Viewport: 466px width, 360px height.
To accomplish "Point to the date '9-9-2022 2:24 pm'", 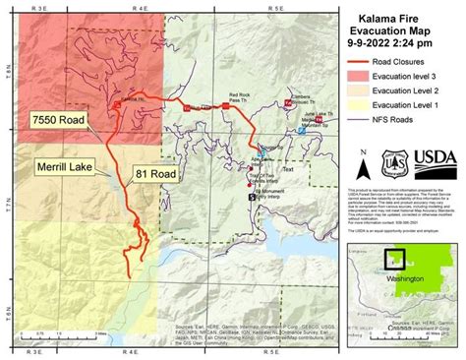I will tap(404, 45).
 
